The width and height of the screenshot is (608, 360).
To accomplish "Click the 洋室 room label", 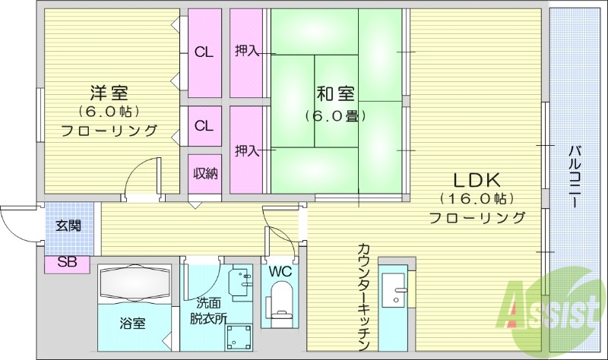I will click(109, 93).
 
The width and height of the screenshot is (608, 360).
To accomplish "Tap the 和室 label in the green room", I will click(336, 95).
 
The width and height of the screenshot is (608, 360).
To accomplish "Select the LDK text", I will click(477, 181).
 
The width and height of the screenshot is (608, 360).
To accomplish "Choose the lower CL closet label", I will click(204, 125).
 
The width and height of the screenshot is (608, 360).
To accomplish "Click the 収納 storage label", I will click(204, 174).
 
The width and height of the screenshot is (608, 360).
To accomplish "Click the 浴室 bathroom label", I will click(132, 322).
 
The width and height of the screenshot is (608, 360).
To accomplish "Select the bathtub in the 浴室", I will click(134, 283).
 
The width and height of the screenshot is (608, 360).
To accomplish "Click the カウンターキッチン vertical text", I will click(364, 292).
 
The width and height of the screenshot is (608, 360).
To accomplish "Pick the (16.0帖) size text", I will click(477, 200).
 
